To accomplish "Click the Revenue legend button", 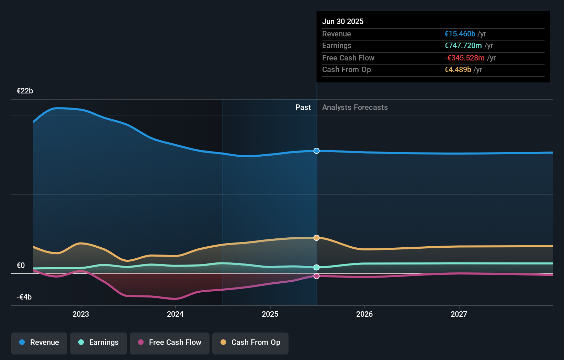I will click(39, 342).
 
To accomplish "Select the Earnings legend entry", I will click(99, 342).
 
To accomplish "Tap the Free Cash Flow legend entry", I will click(170, 342).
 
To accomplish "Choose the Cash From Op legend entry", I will click(250, 342).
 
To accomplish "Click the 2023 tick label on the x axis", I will click(81, 314).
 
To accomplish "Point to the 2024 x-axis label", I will click(175, 314).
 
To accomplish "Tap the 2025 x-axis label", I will click(270, 314).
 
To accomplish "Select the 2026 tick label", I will click(364, 314).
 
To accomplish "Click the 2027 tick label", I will click(459, 314).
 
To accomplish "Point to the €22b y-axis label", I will click(25, 91).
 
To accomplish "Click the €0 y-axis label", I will click(21, 266).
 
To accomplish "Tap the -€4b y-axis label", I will click(24, 297).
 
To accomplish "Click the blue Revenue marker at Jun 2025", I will click(316, 151).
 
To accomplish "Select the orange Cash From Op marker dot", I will click(316, 238).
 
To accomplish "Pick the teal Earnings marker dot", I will click(316, 267).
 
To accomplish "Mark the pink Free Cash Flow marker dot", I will click(316, 276).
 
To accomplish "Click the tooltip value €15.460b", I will click(460, 34).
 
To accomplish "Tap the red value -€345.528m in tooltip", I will click(464, 58).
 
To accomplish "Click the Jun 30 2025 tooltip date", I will click(343, 22).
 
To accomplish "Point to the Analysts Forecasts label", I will click(355, 108).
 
